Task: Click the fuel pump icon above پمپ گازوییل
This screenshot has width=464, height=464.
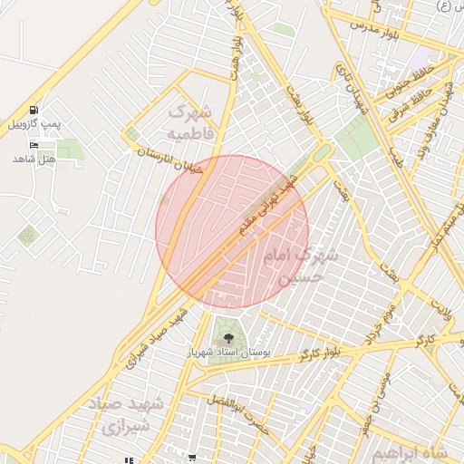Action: pyautogui.click(x=34, y=108)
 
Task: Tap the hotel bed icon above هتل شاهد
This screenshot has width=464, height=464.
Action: pyautogui.click(x=34, y=145)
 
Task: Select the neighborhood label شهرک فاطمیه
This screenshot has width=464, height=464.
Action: pyautogui.click(x=192, y=123)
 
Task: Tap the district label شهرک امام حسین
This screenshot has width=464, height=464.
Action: pyautogui.click(x=299, y=266)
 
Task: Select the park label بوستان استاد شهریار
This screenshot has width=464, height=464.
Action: pyautogui.click(x=227, y=351)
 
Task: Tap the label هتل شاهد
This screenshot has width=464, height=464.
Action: pyautogui.click(x=34, y=159)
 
